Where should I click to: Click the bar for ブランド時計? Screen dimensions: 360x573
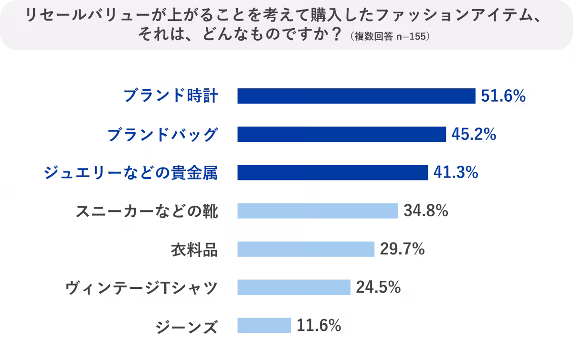pyautogui.click(x=356, y=96)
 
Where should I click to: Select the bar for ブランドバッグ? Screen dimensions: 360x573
pyautogui.click(x=341, y=134)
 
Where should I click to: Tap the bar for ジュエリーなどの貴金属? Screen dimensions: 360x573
pyautogui.click(x=332, y=172)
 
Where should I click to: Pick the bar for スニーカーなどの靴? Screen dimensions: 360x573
pyautogui.click(x=318, y=211)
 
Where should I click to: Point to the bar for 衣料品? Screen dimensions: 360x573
pyautogui.click(x=306, y=249)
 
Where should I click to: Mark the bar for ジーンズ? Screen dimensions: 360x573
pyautogui.click(x=264, y=325)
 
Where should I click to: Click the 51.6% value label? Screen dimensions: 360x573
pyautogui.click(x=503, y=96)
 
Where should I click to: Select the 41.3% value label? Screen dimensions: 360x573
pyautogui.click(x=455, y=173)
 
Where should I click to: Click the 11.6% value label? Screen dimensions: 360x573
pyautogui.click(x=319, y=326)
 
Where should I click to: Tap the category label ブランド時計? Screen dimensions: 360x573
pyautogui.click(x=171, y=96)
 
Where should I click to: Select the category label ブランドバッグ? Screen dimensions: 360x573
pyautogui.click(x=162, y=135)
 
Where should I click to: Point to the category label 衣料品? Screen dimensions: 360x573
pyautogui.click(x=194, y=249)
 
